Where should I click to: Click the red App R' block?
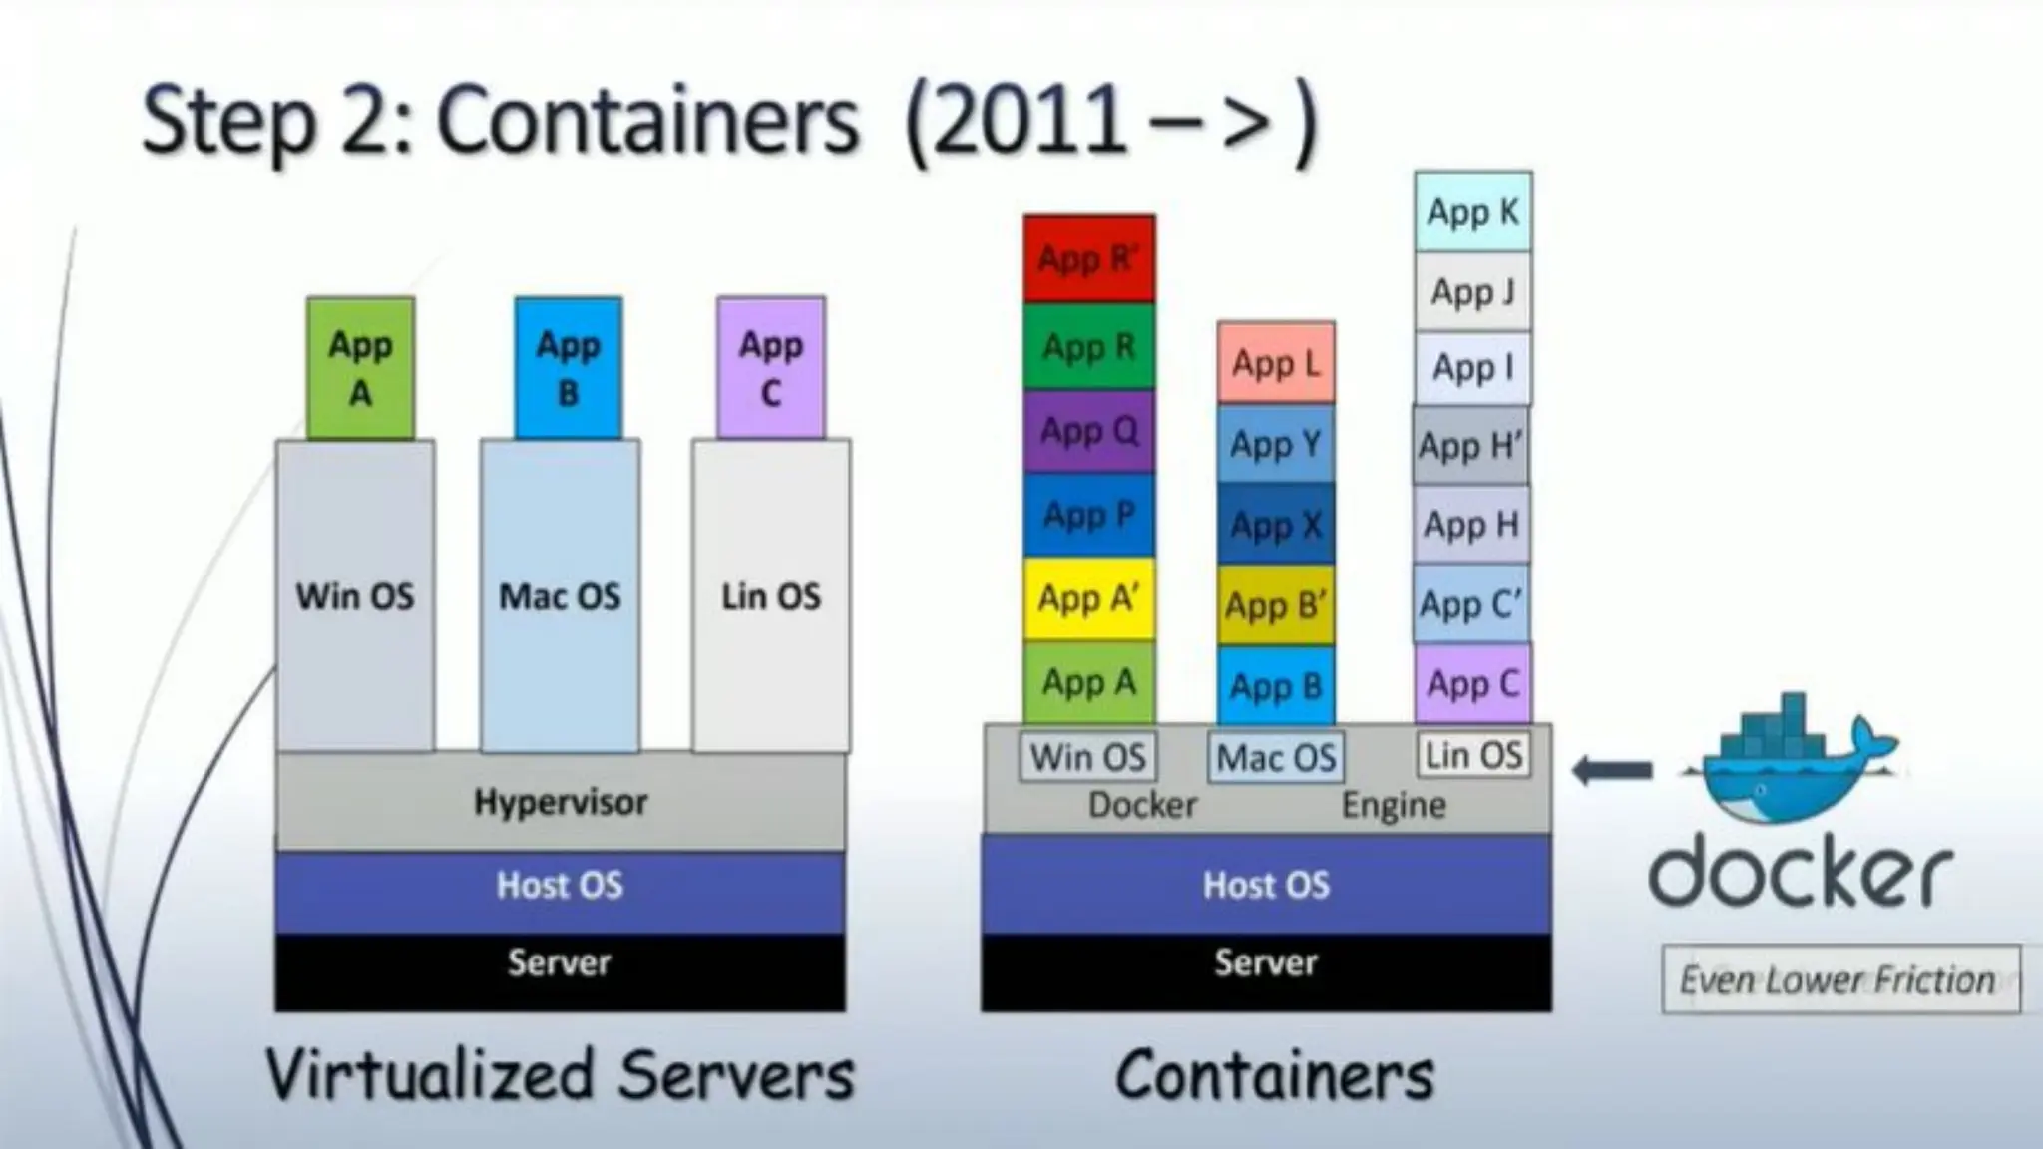click(1088, 258)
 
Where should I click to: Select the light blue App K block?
click(1472, 211)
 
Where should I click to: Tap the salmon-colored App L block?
click(1276, 363)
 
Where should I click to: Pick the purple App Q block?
click(1088, 431)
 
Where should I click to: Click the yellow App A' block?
click(1088, 598)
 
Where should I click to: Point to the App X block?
click(1276, 525)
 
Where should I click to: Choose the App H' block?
click(1471, 445)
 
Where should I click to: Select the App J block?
click(1472, 291)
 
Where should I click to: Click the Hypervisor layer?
click(560, 802)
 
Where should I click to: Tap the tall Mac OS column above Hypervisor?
click(560, 595)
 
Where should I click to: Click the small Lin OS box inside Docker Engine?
click(1473, 755)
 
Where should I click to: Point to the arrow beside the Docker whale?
click(1612, 770)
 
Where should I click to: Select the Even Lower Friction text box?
click(1839, 979)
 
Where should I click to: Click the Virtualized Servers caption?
click(560, 1075)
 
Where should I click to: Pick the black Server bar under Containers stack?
click(1266, 962)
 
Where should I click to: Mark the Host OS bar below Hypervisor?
click(560, 885)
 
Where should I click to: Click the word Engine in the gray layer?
click(1393, 805)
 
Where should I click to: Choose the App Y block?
click(1276, 444)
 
